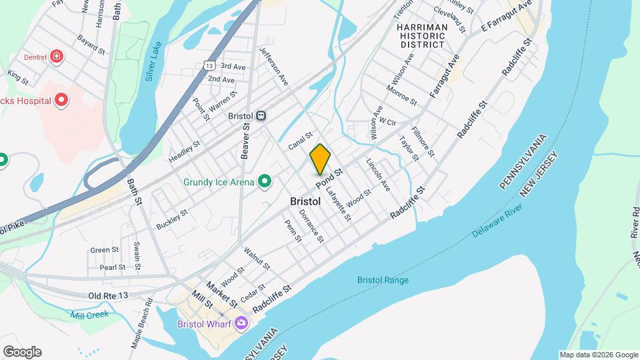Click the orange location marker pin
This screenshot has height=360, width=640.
coord(320,159)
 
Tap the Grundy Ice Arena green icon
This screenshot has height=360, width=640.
coord(265,181)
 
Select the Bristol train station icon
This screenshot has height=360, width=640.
coord(262,115)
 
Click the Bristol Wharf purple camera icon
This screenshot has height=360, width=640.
coord(240,324)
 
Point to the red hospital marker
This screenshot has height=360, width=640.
coord(62,101)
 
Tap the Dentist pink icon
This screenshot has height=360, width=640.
coord(57,57)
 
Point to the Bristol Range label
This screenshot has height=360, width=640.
coord(383,280)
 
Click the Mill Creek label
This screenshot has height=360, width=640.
coord(91,313)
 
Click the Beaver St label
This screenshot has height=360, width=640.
coord(245,141)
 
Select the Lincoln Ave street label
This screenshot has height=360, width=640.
coord(378,175)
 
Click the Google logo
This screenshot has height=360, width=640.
coord(22,352)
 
